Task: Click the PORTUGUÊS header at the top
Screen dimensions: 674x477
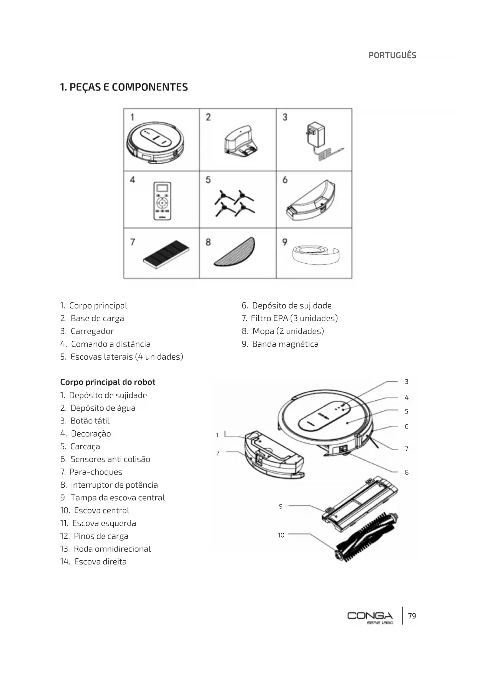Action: pyautogui.click(x=392, y=55)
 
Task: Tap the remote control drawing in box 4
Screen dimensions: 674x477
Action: pyautogui.click(x=162, y=201)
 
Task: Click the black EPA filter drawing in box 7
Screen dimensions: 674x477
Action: pyautogui.click(x=166, y=254)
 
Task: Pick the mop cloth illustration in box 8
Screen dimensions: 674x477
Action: pyautogui.click(x=235, y=252)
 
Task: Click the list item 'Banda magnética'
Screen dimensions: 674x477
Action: pyautogui.click(x=285, y=344)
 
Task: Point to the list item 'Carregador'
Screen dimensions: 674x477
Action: pyautogui.click(x=92, y=331)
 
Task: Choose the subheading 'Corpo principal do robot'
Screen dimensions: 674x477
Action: pyautogui.click(x=108, y=382)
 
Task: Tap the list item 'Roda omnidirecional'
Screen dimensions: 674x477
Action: pyautogui.click(x=112, y=549)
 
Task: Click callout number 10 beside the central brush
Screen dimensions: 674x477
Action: pyautogui.click(x=281, y=535)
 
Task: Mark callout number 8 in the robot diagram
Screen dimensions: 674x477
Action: pyautogui.click(x=407, y=473)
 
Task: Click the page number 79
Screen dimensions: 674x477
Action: pyautogui.click(x=412, y=616)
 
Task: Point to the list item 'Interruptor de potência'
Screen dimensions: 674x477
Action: pyautogui.click(x=114, y=485)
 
